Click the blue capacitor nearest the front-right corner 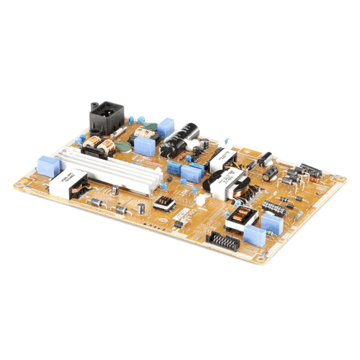256,235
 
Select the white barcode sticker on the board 183,213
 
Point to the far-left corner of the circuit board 14,185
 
